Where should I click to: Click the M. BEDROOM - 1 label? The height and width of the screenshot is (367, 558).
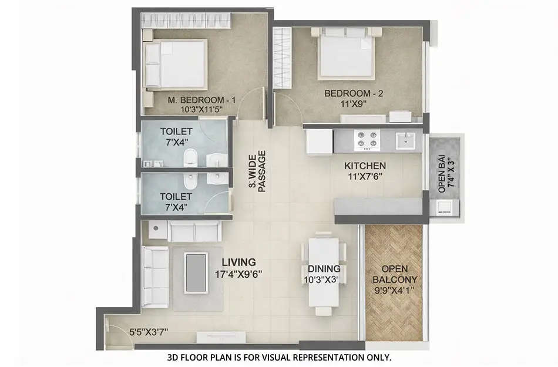coord(201,100)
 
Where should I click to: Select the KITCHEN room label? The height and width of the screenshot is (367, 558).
coord(365,166)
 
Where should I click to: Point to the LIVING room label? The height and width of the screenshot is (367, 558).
coord(238,262)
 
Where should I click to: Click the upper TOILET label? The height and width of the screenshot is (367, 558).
coord(176,131)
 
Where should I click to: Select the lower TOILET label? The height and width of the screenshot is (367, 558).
coord(176,196)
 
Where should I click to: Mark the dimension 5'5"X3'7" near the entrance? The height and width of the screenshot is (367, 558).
coord(149,332)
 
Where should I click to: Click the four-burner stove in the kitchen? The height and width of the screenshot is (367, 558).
coord(367,141)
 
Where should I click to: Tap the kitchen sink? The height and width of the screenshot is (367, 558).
coord(405,140)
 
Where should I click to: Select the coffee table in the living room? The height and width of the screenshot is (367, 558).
coord(196,272)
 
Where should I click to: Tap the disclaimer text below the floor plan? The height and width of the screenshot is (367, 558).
coord(278,357)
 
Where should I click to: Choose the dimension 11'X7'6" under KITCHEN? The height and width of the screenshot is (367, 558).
coord(365,176)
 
